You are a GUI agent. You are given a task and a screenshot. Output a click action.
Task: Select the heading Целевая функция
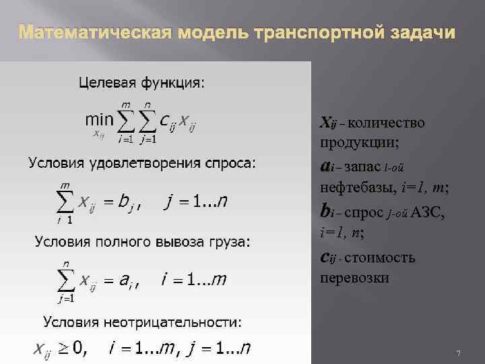(143, 83)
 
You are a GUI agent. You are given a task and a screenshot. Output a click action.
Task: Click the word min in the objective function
(99, 119)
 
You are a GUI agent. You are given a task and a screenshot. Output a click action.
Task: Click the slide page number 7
(458, 354)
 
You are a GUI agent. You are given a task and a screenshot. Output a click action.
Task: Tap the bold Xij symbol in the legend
(329, 123)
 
